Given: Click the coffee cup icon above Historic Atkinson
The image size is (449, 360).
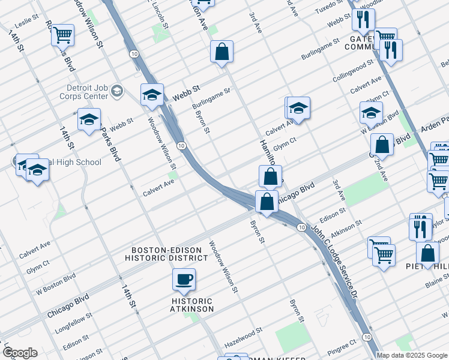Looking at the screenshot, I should [184, 279].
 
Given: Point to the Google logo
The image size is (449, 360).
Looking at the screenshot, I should [19, 352].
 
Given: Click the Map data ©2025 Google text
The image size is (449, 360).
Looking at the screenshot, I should [412, 355].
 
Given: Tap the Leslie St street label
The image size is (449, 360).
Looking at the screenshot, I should [18, 24].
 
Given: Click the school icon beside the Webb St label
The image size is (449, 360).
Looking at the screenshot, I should [152, 95].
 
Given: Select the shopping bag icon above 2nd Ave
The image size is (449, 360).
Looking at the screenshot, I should [382, 144].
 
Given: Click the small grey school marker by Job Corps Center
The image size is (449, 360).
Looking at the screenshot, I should [117, 91].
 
